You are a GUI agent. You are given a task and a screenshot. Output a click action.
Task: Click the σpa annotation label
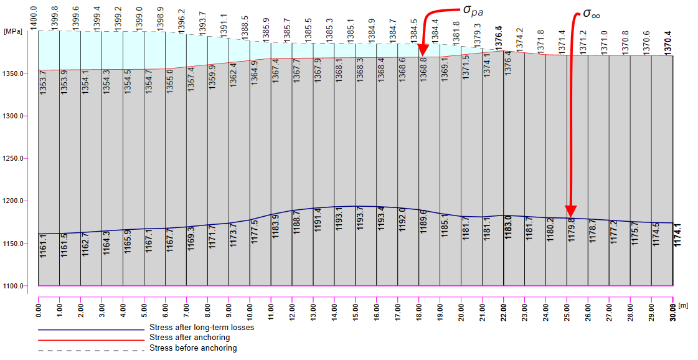point(473,11)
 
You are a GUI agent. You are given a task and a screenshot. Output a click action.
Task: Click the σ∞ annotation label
point(592,13)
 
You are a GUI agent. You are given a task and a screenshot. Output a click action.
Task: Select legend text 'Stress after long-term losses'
point(202,328)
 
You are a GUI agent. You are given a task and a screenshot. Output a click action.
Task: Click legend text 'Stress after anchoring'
point(189,338)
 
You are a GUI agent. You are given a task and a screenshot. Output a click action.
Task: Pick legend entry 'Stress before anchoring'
point(193,348)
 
